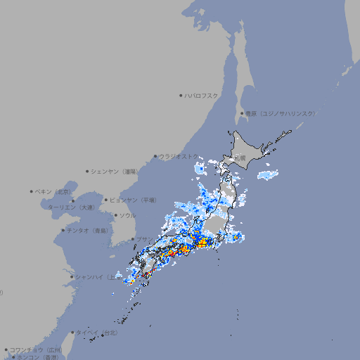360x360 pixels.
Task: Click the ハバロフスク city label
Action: tap(202, 95)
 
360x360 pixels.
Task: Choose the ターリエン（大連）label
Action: tap(70, 207)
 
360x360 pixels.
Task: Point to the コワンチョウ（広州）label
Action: tap(35, 349)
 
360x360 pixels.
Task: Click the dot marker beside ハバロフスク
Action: tap(181, 95)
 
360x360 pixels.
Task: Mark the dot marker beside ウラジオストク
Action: tap(155, 156)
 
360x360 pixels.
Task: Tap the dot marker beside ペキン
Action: tap(32, 191)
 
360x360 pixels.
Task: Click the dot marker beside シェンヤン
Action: tap(88, 171)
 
